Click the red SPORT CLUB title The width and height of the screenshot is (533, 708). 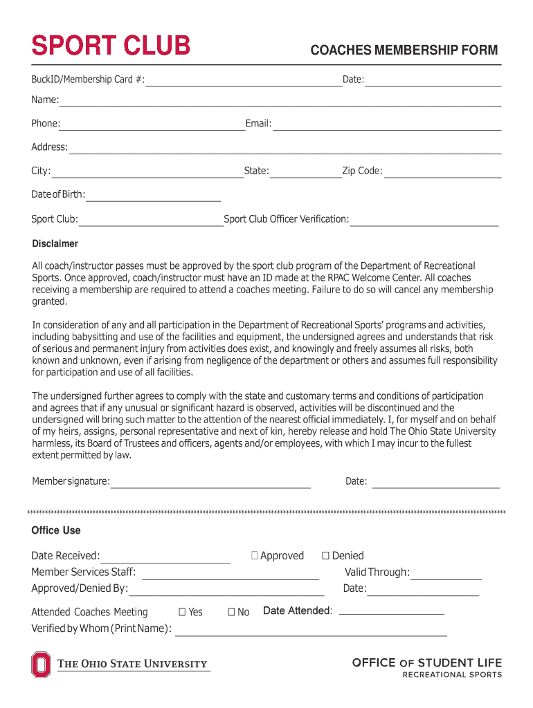[111, 46]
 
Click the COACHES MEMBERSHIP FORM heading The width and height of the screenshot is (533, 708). [404, 50]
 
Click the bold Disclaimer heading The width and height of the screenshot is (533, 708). [55, 243]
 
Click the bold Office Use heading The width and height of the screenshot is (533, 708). [56, 530]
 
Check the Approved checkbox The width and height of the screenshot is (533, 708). [255, 556]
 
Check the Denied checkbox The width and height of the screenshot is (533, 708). [326, 556]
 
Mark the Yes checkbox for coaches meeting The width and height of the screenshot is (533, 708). [183, 612]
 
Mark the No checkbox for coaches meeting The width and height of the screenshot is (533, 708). [232, 612]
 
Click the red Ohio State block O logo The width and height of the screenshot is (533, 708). [41, 664]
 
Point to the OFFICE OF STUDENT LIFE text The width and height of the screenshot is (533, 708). [427, 662]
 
